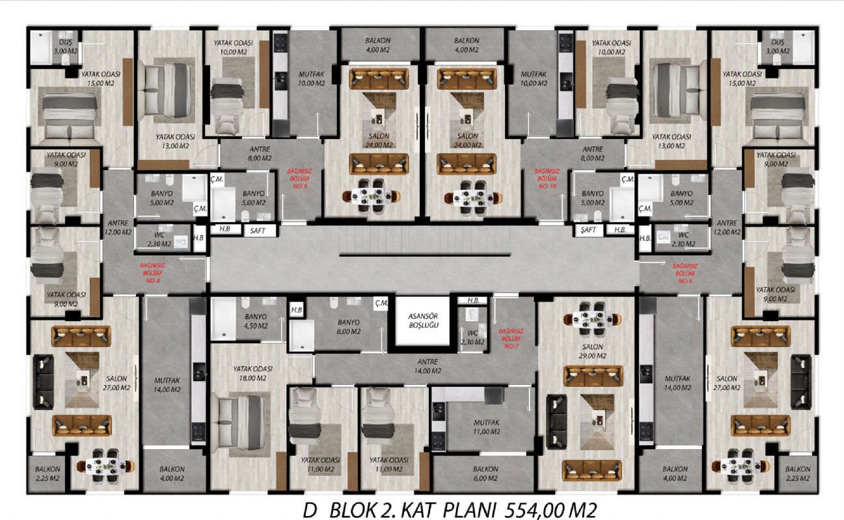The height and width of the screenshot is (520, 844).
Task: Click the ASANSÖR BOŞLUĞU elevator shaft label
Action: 423,320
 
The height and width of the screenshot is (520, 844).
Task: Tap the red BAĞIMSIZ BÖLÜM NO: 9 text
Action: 299,178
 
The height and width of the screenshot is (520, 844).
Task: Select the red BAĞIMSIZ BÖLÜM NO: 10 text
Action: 547,178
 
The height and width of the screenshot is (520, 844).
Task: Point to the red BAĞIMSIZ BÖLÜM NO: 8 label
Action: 153,273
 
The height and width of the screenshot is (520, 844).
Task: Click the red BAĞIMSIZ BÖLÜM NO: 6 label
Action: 685,274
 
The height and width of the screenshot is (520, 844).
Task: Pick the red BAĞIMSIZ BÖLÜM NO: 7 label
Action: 511,338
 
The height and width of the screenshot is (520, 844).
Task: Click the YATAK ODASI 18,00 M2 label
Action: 252,373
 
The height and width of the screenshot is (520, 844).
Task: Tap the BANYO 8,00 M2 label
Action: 349,327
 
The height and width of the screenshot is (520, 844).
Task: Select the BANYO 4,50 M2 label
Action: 256,321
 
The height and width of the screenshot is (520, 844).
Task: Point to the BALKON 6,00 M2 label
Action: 485,474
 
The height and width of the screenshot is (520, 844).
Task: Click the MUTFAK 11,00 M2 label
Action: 487,427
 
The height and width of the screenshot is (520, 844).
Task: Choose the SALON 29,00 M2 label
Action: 593,351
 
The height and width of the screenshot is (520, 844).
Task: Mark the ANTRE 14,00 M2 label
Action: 428,366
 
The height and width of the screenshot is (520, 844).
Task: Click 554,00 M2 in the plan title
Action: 551,511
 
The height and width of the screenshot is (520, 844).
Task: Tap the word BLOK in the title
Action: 353,511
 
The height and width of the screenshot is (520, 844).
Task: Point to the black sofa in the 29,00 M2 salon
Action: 556,422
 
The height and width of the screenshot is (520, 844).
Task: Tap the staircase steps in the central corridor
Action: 424,240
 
